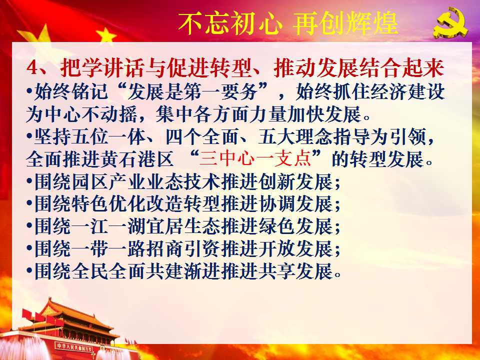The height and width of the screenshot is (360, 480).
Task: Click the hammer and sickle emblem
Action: [x=450, y=23]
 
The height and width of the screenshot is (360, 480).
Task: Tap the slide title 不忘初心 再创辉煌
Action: [x=288, y=23]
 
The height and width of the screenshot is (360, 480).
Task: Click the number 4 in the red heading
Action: [x=31, y=67]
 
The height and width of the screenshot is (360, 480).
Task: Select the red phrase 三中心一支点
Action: [x=254, y=159]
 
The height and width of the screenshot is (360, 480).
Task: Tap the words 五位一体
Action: [x=89, y=136]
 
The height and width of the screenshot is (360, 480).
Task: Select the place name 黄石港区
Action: [x=136, y=159]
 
